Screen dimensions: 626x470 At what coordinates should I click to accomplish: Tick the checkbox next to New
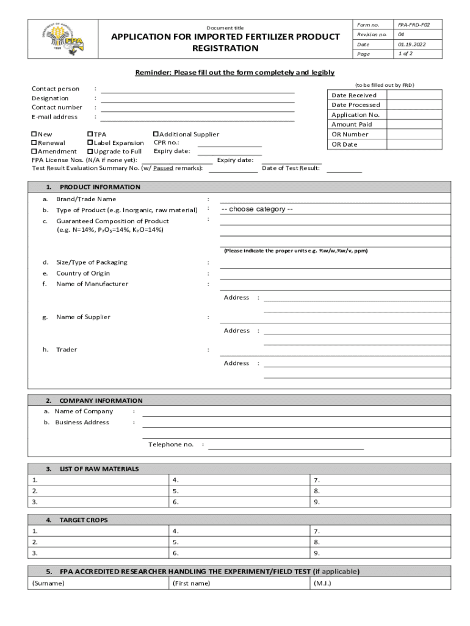coord(34,134)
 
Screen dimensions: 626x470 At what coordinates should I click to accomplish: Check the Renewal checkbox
coord(34,143)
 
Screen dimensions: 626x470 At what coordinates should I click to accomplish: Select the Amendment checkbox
coord(34,152)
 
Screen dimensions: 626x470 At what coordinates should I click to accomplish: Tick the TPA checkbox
coord(90,134)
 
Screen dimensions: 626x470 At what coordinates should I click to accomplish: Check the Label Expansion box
coord(90,143)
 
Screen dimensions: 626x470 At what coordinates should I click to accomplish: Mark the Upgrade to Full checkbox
coord(90,152)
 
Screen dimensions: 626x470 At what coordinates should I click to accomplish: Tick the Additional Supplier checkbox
coord(156,134)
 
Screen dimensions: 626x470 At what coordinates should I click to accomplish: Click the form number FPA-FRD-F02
coord(413,25)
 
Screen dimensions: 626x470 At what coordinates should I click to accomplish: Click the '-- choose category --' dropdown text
coord(257,210)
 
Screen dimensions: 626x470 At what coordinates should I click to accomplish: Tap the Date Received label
coord(354,95)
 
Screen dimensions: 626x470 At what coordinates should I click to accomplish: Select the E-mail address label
coord(54,117)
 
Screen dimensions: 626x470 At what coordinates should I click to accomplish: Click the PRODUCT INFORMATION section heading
coord(99,187)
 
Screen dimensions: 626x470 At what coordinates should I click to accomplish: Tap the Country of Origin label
coord(83,273)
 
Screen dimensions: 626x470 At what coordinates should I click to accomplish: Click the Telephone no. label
coord(171,444)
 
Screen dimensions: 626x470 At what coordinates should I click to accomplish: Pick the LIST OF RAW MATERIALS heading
coord(99,469)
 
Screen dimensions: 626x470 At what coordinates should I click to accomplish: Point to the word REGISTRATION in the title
coord(225,48)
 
